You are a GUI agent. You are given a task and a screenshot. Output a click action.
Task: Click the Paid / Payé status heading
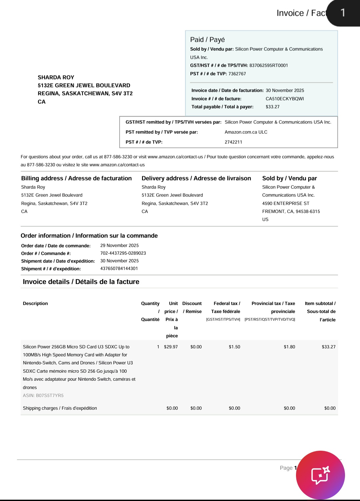(x=207, y=40)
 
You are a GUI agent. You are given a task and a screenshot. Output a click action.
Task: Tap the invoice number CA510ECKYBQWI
(x=285, y=99)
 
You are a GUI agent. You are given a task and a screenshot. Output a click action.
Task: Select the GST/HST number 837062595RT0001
(x=268, y=65)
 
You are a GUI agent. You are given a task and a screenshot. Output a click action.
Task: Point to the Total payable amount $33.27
(x=273, y=107)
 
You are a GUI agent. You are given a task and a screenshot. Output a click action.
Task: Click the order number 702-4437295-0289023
(x=123, y=253)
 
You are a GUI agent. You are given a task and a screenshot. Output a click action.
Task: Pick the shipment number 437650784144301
(x=119, y=268)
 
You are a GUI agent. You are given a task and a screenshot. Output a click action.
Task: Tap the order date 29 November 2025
(x=119, y=245)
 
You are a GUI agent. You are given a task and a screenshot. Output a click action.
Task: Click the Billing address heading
(x=76, y=178)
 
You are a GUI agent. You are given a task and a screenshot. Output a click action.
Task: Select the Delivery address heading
(x=196, y=178)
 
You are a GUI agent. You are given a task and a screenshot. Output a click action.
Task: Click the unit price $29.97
(x=171, y=347)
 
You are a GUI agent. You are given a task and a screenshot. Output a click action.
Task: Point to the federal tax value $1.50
(x=234, y=347)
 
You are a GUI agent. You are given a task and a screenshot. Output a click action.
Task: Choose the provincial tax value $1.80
(x=289, y=347)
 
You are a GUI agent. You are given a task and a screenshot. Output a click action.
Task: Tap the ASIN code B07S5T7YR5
(x=43, y=395)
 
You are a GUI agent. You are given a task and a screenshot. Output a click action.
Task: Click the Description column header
(x=35, y=303)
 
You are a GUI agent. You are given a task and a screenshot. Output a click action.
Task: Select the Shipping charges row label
(x=60, y=408)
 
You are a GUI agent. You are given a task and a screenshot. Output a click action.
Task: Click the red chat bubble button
(x=320, y=475)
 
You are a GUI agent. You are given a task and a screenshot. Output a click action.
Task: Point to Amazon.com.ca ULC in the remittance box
(x=246, y=132)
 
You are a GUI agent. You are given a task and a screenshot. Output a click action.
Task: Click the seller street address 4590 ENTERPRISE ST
(x=286, y=203)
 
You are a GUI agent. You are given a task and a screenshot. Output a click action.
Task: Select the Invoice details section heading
(x=81, y=282)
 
